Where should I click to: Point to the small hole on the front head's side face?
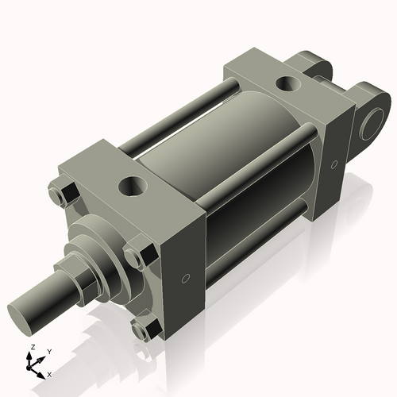click(x=185, y=278)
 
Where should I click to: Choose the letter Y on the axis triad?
click(x=48, y=351)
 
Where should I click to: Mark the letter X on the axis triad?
click(x=50, y=373)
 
